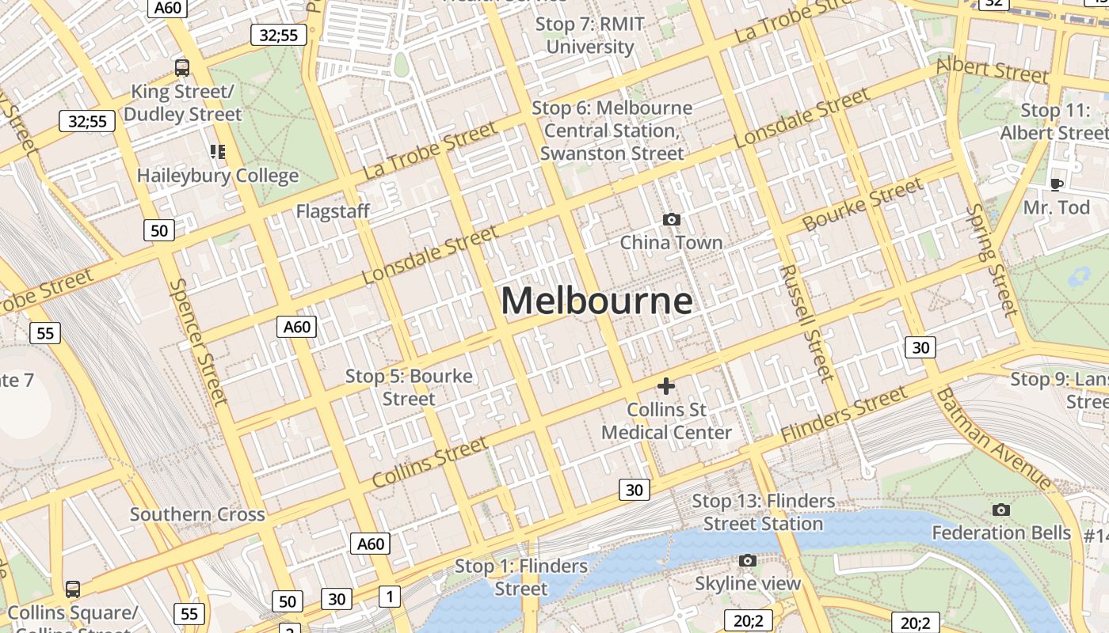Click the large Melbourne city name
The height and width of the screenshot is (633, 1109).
click(x=596, y=301)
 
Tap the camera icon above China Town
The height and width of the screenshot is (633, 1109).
click(x=672, y=219)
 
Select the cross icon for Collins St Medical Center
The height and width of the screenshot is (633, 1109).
click(x=666, y=386)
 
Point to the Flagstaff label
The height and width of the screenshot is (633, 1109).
click(x=333, y=211)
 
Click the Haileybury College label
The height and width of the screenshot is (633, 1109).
click(x=218, y=176)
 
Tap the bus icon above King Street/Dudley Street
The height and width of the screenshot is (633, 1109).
click(x=182, y=67)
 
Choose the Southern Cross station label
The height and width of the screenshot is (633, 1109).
click(x=197, y=514)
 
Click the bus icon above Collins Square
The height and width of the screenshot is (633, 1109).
click(x=73, y=589)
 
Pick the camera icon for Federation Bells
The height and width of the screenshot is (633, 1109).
click(x=1001, y=510)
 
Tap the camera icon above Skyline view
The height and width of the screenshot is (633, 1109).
click(x=747, y=560)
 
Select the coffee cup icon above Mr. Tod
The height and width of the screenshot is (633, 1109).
click(x=1056, y=184)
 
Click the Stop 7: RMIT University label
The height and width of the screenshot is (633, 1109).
click(x=590, y=36)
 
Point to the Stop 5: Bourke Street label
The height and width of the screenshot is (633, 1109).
click(x=409, y=387)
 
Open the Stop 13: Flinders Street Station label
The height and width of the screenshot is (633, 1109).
click(x=764, y=512)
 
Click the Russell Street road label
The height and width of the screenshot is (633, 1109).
click(x=807, y=323)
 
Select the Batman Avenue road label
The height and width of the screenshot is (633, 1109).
click(x=994, y=439)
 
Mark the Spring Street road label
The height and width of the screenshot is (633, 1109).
click(x=991, y=260)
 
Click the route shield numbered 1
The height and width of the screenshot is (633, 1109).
click(x=389, y=596)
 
